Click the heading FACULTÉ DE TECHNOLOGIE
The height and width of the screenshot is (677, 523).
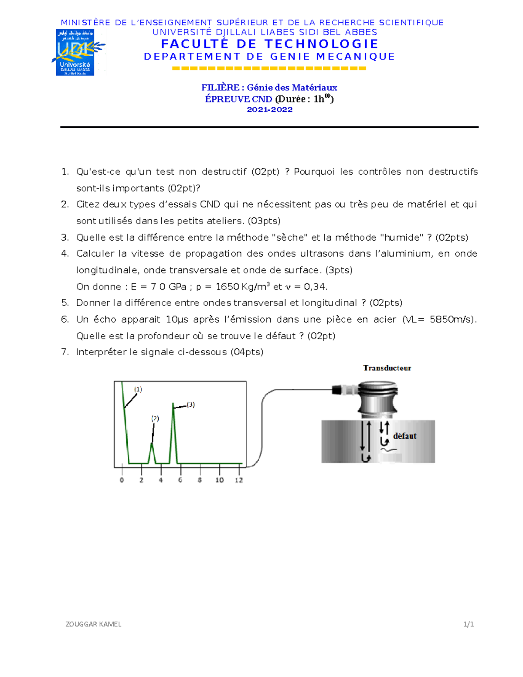(270, 44)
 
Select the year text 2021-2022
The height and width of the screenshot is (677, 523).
(270, 110)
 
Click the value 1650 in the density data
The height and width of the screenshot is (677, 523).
(228, 287)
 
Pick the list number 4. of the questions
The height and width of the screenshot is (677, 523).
(65, 254)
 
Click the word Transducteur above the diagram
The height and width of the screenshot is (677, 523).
(387, 368)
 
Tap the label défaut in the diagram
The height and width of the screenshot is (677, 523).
(405, 436)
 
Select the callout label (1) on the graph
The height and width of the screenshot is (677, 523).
(138, 389)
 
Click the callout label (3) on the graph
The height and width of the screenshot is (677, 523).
(190, 405)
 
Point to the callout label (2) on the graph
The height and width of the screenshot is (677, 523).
(155, 418)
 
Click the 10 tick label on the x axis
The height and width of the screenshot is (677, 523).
(219, 480)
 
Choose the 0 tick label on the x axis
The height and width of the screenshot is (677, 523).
(122, 480)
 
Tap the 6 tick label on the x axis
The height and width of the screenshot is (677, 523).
(180, 480)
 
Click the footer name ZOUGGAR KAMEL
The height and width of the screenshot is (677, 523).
(93, 624)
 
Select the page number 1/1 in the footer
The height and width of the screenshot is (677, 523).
(469, 624)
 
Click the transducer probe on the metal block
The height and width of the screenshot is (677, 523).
(377, 399)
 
